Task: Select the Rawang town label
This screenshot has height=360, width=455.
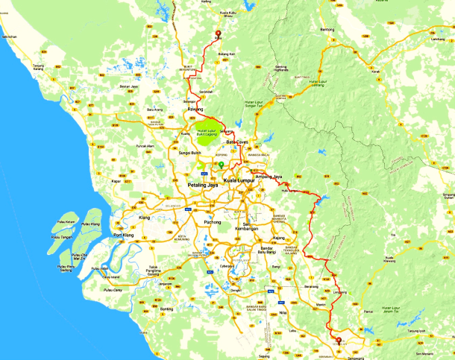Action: click(x=195, y=109)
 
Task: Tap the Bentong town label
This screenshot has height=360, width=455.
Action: click(x=327, y=29)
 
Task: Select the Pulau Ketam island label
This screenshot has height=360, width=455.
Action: click(x=66, y=222)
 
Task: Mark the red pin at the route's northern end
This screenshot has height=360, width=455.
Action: click(x=218, y=33)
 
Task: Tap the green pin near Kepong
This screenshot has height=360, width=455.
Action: click(x=221, y=163)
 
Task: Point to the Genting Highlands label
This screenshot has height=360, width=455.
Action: click(x=282, y=69)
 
